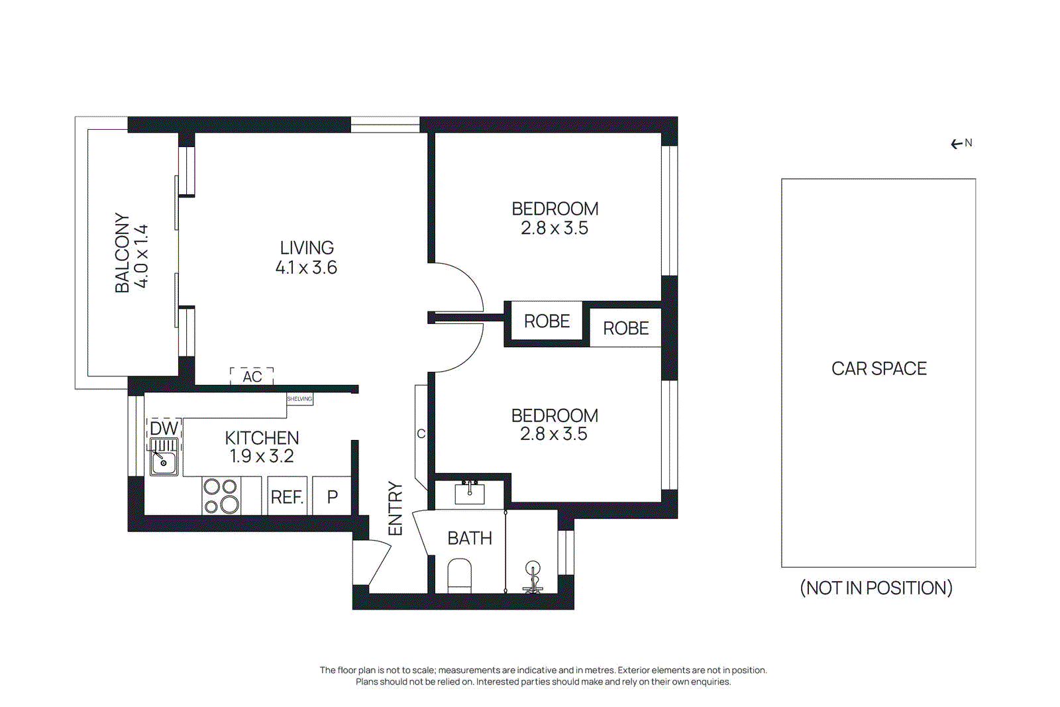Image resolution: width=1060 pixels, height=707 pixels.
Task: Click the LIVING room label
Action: [x=306, y=248]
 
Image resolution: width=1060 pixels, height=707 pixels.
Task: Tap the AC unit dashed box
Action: [x=252, y=376]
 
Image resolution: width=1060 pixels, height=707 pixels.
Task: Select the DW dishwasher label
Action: [x=164, y=428]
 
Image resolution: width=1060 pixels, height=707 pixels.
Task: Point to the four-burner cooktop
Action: [x=221, y=496]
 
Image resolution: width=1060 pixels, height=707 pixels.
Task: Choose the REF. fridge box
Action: [x=287, y=497]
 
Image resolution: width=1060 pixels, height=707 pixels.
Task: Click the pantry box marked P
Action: [x=332, y=496]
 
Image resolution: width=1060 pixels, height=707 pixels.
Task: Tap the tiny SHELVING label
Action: [x=299, y=399]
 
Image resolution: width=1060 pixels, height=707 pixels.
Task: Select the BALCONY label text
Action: [x=123, y=252]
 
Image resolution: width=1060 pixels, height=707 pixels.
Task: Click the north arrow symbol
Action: [x=957, y=144]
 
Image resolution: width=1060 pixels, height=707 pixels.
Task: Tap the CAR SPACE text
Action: [x=878, y=368]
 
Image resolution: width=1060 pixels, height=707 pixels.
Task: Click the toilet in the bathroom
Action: [x=459, y=575]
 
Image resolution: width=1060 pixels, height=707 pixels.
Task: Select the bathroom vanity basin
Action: [x=470, y=494]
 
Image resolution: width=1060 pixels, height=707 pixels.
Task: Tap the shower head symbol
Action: [x=533, y=569]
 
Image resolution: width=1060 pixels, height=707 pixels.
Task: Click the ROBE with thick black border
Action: [x=547, y=321]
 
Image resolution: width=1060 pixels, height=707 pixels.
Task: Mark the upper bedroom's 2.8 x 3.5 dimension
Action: [x=554, y=228]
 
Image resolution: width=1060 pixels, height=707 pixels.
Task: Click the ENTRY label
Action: [x=396, y=508]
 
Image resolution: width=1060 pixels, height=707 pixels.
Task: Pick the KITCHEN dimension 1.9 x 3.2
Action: [x=262, y=456]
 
